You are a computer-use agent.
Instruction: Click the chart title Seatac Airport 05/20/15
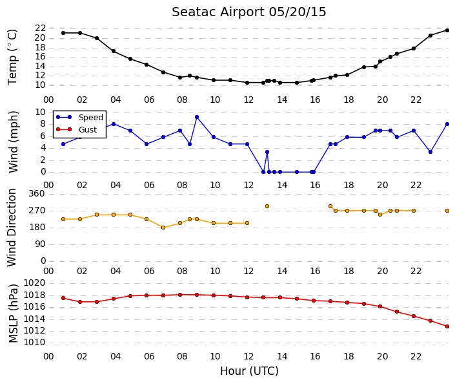coord(248,12)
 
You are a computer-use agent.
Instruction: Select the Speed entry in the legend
coord(91,117)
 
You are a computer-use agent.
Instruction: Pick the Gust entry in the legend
coord(88,130)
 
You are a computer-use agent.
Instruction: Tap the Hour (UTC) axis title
coord(249,371)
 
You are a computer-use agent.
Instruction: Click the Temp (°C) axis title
coord(12,58)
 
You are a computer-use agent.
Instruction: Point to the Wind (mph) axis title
coord(13,142)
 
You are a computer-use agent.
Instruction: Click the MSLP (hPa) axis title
coord(13,314)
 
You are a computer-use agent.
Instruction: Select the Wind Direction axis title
coord(12,228)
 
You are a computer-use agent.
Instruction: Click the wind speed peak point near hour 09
coord(197,117)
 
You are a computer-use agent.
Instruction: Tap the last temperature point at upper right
coord(447,30)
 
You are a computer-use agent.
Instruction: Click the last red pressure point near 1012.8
coord(447,326)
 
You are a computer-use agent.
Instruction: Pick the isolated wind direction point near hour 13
coord(267,206)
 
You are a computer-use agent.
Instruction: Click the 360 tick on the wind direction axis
coord(37,193)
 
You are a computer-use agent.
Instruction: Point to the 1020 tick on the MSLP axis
coord(34,283)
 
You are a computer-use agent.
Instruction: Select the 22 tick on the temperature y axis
coord(40,28)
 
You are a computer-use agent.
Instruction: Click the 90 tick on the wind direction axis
coord(40,244)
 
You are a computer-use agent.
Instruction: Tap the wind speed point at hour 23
coord(430,152)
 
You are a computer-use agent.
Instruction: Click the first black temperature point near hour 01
coord(63,33)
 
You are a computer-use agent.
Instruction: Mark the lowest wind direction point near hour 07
coord(163,228)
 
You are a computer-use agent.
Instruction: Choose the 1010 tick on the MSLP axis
coord(34,343)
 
